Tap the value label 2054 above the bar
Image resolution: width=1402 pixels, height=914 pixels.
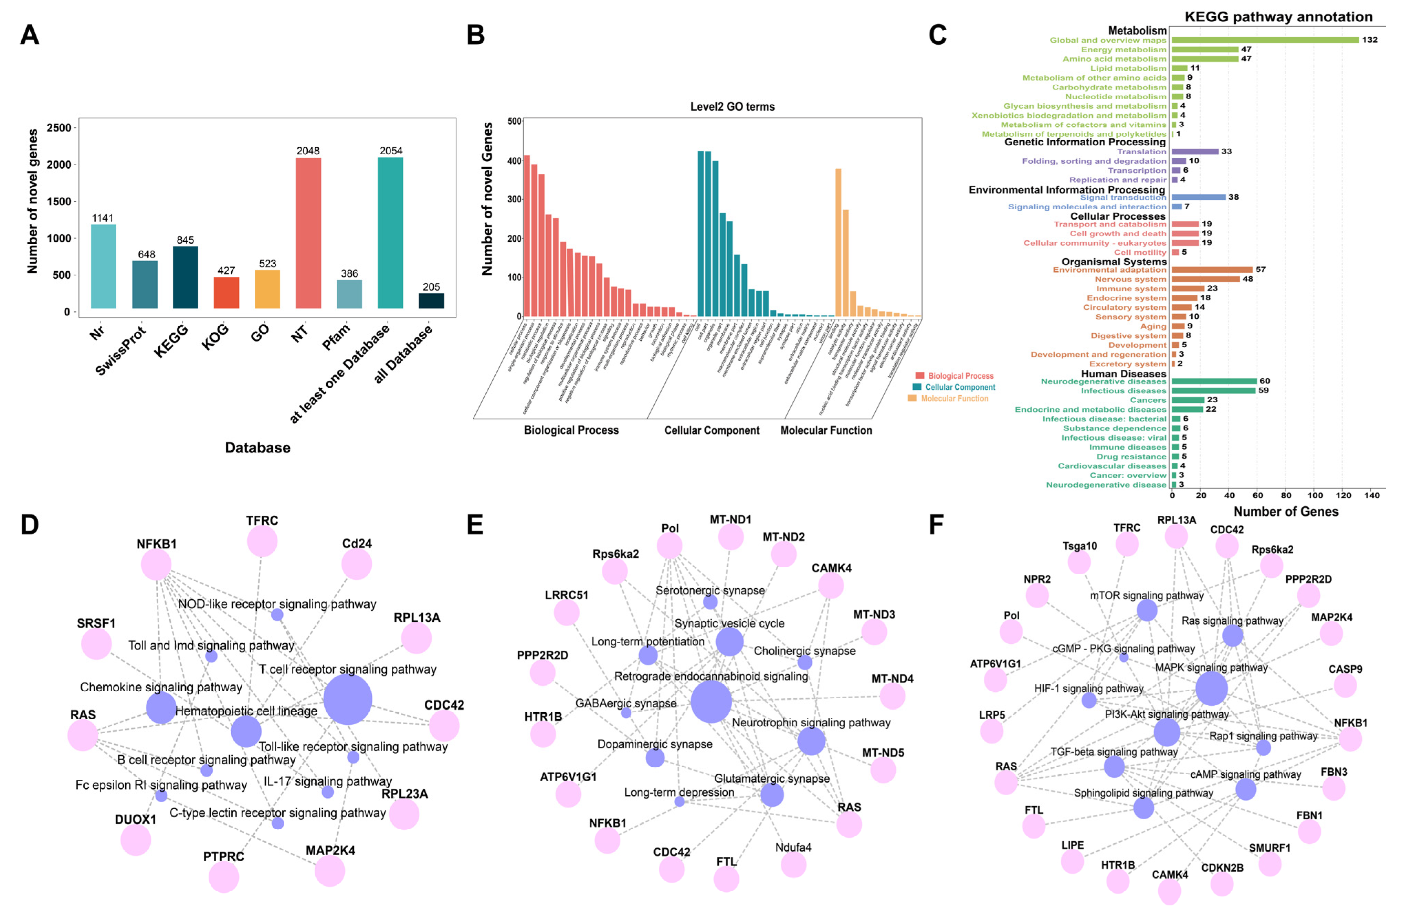[x=391, y=151]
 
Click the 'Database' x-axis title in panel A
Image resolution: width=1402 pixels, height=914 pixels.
[x=257, y=448]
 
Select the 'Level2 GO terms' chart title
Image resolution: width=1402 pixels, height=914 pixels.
[x=732, y=107]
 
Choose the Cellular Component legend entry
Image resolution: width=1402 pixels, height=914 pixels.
[x=960, y=387]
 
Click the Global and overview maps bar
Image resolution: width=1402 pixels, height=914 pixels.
[x=1265, y=40]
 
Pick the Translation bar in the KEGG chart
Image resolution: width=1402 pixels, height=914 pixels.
[x=1195, y=151]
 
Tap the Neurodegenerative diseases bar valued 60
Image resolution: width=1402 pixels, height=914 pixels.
[x=1213, y=381]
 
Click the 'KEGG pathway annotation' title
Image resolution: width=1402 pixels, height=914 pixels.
[x=1278, y=17]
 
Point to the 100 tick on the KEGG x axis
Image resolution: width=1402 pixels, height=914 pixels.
[x=1315, y=496]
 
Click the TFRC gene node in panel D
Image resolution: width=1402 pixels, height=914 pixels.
[x=262, y=541]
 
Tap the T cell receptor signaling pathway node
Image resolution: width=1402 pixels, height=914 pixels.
[x=348, y=700]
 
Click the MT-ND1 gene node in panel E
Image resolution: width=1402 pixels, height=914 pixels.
[x=730, y=537]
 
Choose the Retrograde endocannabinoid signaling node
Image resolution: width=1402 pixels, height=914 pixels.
[x=711, y=701]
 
